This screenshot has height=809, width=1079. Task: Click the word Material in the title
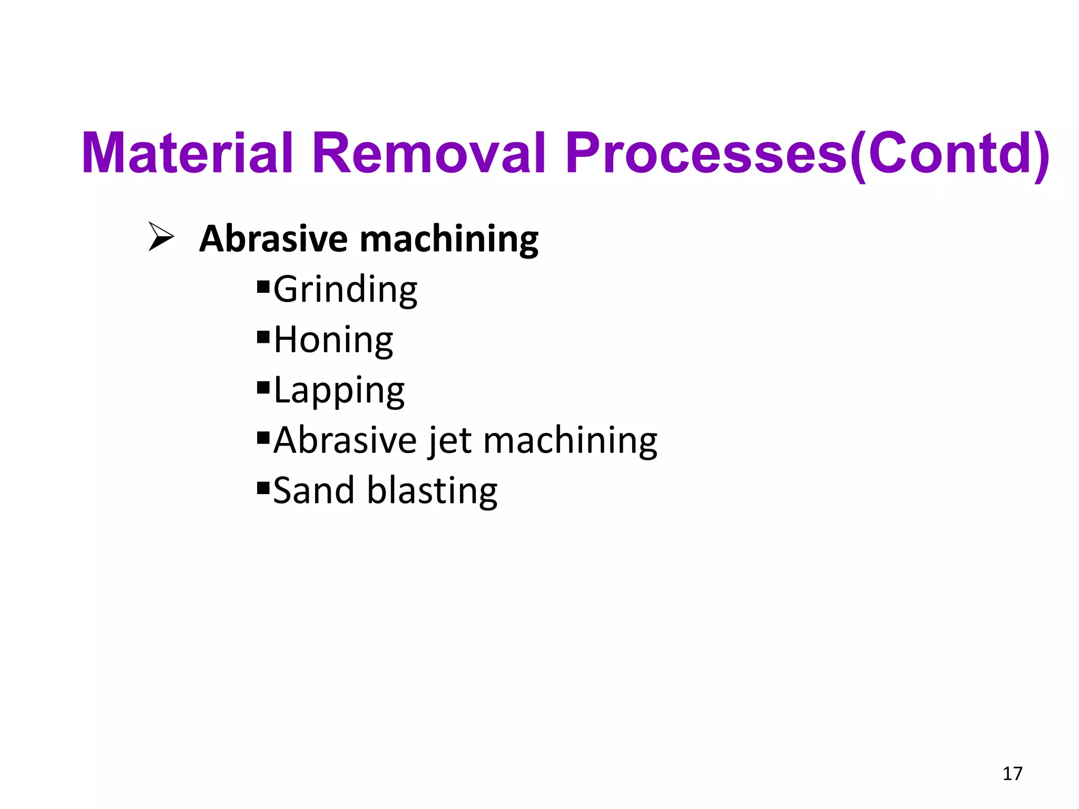187,153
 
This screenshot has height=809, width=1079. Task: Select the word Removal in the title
428,153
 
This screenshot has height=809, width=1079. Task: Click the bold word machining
449,240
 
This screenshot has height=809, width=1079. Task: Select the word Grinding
345,289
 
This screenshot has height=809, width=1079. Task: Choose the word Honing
333,340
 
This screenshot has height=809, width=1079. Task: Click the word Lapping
339,390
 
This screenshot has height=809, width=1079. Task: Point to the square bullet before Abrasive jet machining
263,438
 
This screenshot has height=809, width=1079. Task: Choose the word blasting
432,490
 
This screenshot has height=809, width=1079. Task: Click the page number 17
1012,774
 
